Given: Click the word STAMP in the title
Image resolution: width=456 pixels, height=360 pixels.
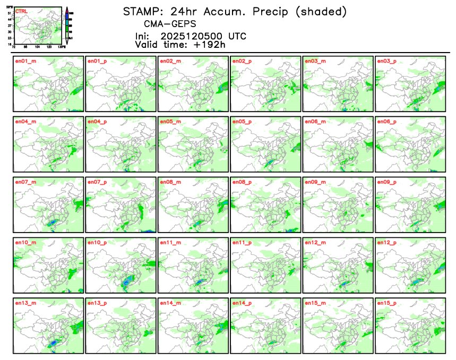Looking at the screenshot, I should tap(141, 11).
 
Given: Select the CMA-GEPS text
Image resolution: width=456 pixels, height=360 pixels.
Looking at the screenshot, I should tap(170, 24).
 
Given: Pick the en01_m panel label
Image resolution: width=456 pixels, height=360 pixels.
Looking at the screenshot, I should tap(24, 61).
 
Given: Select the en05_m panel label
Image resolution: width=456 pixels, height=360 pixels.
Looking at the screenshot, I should tap(170, 122).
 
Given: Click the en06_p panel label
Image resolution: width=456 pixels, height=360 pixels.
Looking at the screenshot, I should tap(386, 122).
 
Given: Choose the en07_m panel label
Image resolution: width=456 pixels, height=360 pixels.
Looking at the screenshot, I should tap(24, 182).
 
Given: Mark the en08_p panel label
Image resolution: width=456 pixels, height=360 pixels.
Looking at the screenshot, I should tap(242, 182).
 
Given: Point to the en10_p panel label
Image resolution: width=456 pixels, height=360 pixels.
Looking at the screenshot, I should tap(97, 243).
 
